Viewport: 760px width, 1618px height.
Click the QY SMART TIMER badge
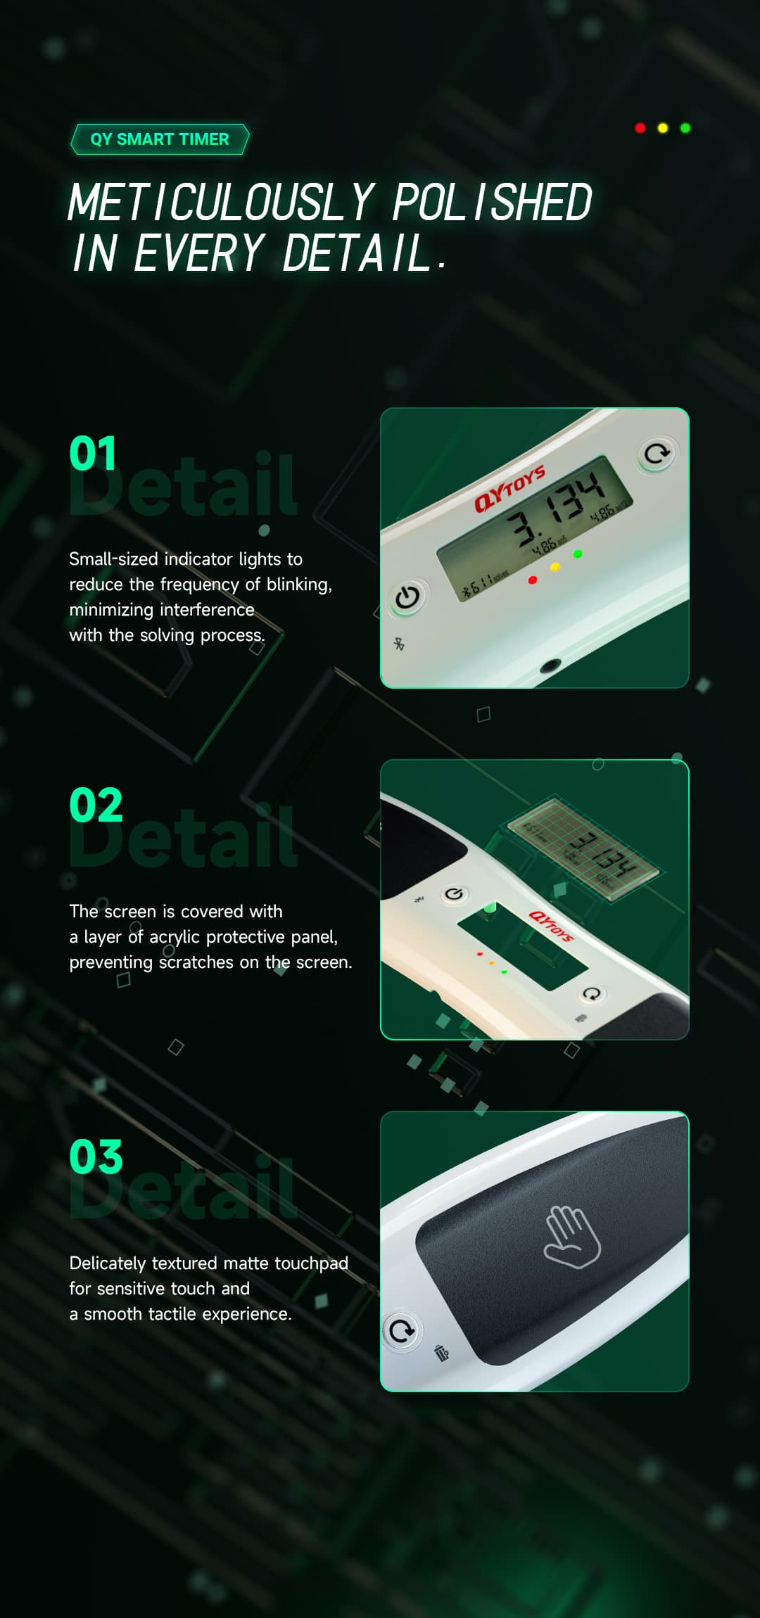pos(160,139)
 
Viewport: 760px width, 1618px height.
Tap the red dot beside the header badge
pos(640,128)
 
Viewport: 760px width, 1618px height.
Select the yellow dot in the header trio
pos(662,128)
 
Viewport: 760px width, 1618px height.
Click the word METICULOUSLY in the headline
pos(222,203)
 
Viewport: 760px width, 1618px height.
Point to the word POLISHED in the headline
pos(492,203)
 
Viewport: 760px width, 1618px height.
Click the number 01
pos(92,454)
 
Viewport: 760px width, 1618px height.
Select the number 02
pos(96,805)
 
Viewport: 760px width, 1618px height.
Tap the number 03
pos(96,1157)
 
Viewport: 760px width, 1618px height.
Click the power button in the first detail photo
pos(407,597)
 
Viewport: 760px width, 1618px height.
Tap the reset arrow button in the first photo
pos(657,454)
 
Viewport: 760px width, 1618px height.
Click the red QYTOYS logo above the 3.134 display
pos(509,487)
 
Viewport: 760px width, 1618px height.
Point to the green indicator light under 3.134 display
pos(578,554)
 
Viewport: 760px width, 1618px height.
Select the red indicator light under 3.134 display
pos(533,580)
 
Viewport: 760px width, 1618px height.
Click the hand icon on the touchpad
pos(572,1237)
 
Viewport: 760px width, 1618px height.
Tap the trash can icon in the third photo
pos(442,1353)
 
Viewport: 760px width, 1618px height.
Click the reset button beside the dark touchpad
pos(402,1330)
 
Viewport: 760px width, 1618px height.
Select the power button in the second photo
pos(454,894)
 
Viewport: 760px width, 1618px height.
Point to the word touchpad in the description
pos(311,1263)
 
